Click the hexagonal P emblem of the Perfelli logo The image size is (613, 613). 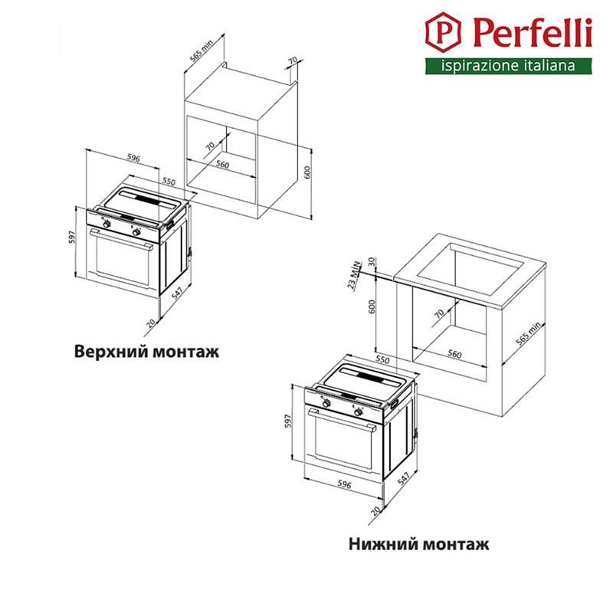pos(443,32)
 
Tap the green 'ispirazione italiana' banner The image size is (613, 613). pos(509,66)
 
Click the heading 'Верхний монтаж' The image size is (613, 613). pos(146,351)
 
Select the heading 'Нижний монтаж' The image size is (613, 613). pos(418,544)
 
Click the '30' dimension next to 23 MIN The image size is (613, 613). pos(372,261)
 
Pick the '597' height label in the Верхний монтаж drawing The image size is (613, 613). pos(71,237)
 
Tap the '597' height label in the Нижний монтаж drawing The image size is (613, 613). pos(289,421)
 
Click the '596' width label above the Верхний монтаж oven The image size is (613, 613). pos(133,158)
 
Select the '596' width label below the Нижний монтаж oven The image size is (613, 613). pos(344,484)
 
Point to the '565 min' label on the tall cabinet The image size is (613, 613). pos(201,51)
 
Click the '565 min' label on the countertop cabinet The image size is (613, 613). pos(528,333)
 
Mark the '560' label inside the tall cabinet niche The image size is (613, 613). pos(222,165)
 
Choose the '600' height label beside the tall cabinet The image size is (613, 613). pos(308,173)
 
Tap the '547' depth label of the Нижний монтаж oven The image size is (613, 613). pos(404,478)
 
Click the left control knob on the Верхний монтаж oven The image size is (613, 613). pos(107,225)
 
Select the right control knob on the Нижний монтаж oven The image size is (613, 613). pos(358,412)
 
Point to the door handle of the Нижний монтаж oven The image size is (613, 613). pos(342,419)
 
